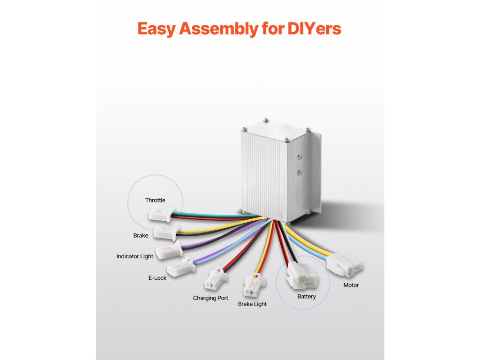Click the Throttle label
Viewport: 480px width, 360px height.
coord(155,200)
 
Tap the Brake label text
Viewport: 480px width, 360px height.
coord(141,235)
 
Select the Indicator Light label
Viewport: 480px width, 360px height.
coord(135,256)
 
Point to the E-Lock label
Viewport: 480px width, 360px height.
coord(157,278)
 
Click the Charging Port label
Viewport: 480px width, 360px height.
coord(210,298)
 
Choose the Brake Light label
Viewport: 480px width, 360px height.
coord(252,304)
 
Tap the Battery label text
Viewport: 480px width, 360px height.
coord(307,296)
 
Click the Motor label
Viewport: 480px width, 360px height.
coord(351,285)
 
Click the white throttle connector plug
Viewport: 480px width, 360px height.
coord(160,214)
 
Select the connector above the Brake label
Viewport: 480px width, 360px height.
coord(166,232)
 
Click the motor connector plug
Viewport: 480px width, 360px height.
coord(345,263)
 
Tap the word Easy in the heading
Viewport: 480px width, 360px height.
coord(157,29)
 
